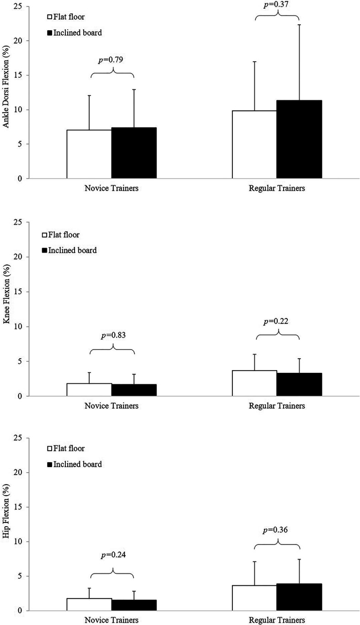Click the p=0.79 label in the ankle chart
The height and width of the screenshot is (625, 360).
point(112,60)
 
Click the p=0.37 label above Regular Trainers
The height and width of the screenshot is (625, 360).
point(277,4)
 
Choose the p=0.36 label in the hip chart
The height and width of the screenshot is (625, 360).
point(277,530)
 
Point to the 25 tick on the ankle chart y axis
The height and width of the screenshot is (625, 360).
point(19,6)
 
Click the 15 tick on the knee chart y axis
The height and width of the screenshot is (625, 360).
point(19,291)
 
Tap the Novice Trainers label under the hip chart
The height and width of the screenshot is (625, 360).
point(112,620)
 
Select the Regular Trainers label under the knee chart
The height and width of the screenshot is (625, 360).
point(277,406)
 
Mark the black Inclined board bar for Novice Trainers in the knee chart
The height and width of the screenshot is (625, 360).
point(134,390)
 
